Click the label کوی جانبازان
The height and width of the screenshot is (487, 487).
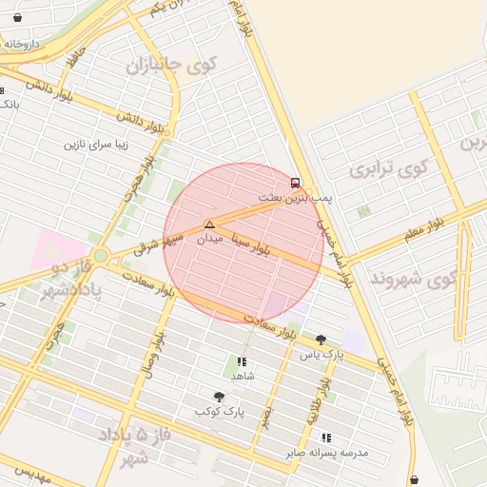172,66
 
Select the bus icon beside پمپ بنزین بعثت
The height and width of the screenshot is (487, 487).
294,182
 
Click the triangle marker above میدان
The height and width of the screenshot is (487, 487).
209,224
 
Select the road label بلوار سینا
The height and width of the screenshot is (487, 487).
265,249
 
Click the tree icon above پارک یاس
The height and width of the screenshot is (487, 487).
321,340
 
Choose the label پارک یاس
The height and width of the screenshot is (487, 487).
321,355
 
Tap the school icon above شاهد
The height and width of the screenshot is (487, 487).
242,361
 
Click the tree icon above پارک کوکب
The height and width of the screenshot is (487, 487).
220,397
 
